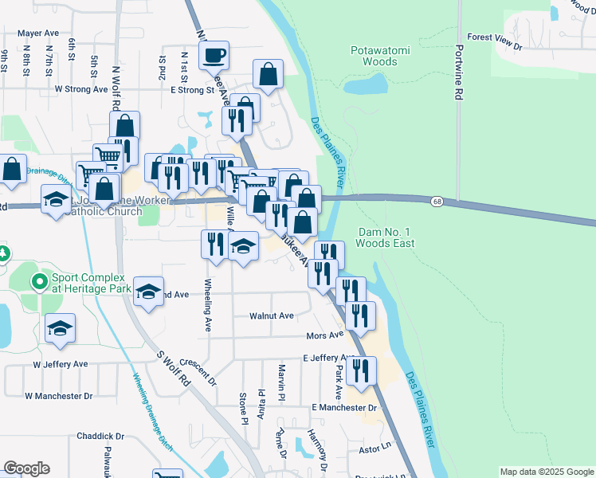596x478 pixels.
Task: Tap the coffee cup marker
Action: click(214, 55)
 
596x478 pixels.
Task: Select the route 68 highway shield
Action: click(437, 202)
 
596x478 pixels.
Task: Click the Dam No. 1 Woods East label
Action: click(386, 237)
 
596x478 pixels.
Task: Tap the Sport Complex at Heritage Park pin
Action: click(38, 281)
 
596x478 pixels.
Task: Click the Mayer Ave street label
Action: click(38, 33)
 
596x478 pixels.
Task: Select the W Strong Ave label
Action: click(80, 89)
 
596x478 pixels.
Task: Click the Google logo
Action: click(26, 468)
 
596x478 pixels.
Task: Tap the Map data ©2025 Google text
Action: click(546, 472)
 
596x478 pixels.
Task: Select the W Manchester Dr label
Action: click(58, 395)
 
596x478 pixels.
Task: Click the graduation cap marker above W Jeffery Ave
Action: click(60, 330)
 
